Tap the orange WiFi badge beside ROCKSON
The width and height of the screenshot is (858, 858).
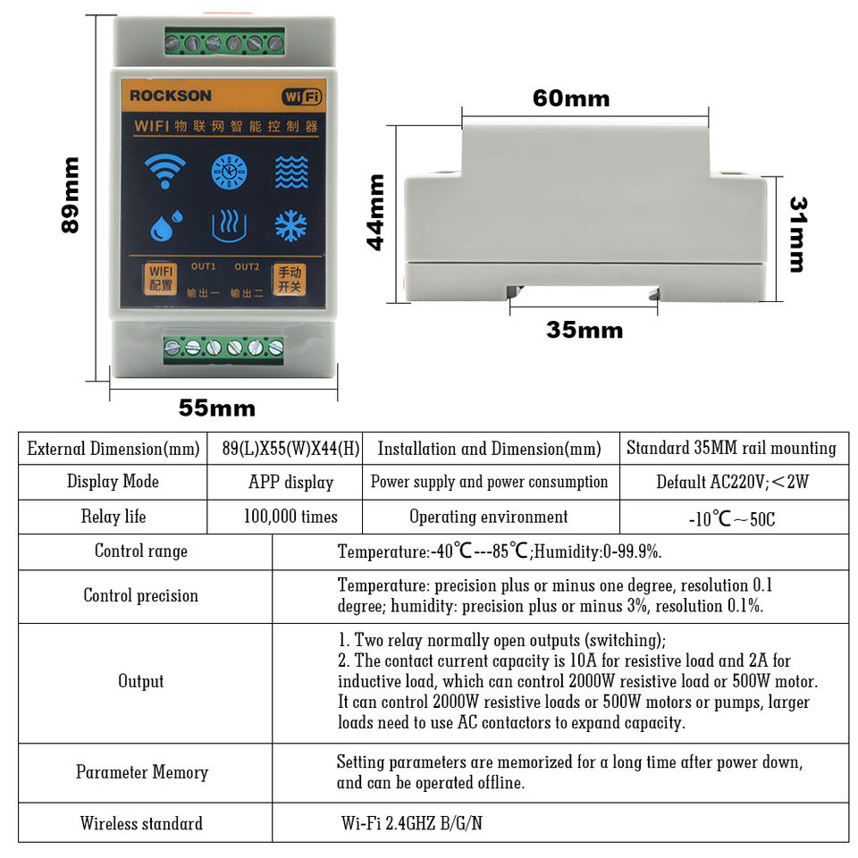(301, 96)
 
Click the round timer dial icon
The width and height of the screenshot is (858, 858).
(229, 171)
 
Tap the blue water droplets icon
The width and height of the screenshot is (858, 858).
(165, 226)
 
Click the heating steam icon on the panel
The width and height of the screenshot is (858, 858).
(229, 226)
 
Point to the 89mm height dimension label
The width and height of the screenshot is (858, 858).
(71, 195)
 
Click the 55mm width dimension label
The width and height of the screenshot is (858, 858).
(217, 408)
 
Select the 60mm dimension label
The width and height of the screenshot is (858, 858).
(571, 98)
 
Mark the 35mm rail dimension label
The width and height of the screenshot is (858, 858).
(585, 330)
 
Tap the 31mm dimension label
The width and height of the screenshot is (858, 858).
(797, 234)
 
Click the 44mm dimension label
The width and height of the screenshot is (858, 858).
(376, 212)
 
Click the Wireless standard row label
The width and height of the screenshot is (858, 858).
(141, 823)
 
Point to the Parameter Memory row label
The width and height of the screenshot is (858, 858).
(142, 772)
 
